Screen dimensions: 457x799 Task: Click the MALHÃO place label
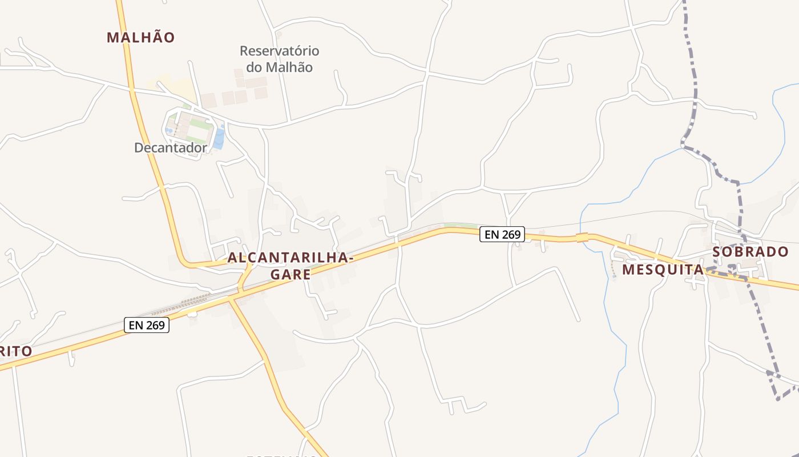point(140,38)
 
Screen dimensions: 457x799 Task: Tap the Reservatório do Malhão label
point(279,59)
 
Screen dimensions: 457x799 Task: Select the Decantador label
point(170,148)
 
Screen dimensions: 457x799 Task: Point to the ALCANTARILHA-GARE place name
point(290,266)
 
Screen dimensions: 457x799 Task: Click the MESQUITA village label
point(663,269)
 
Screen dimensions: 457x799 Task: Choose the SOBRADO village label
point(750,252)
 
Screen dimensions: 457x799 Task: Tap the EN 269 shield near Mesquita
point(502,234)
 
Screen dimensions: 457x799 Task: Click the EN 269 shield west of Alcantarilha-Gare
point(147,325)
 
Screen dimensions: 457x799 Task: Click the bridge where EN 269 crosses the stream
point(582,237)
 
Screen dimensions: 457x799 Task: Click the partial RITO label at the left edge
point(15,351)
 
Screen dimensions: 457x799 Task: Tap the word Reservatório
point(279,51)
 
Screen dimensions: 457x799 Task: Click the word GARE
point(290,274)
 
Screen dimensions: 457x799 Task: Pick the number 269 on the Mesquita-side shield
point(510,234)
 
